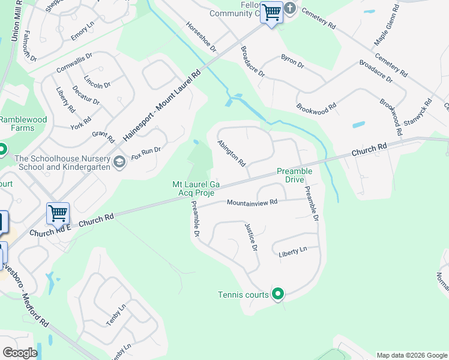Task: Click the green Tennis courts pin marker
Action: (278, 294)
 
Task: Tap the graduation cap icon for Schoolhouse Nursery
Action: (119, 163)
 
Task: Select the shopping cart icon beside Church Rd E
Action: (58, 213)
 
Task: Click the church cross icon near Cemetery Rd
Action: (290, 8)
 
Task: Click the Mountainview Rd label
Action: (252, 203)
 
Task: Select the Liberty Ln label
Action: (292, 254)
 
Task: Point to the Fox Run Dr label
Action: (146, 152)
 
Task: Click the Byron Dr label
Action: (292, 61)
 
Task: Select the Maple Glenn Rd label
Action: (387, 26)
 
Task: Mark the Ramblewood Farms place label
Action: (23, 124)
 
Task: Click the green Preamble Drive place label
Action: (294, 175)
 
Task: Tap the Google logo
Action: (20, 352)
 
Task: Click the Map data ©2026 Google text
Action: (411, 355)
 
